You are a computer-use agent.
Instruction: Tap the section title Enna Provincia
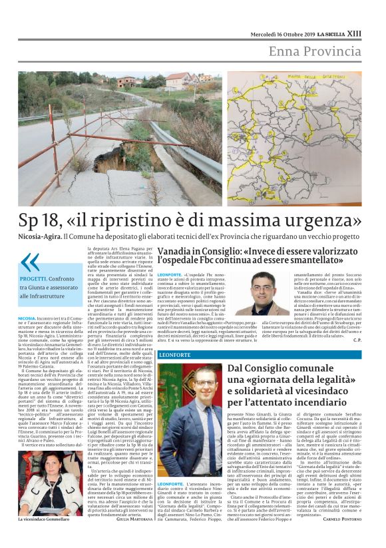point(315,51)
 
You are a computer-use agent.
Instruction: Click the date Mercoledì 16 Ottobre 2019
point(281,33)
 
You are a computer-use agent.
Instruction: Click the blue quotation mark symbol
point(30,262)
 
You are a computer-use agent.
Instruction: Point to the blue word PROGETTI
point(33,279)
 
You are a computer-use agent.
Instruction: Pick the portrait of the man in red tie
point(190,406)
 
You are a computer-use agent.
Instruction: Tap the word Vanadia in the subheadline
point(176,249)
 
